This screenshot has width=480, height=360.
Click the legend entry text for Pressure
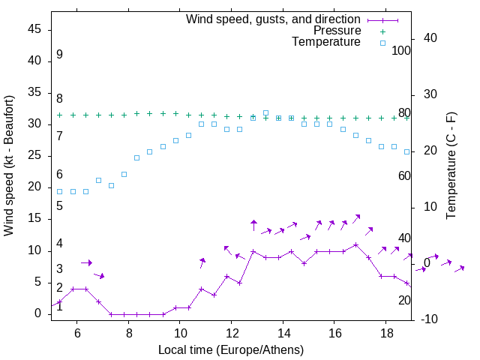point(337,31)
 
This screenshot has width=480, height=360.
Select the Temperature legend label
point(326,42)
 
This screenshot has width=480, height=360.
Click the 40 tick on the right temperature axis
point(430,38)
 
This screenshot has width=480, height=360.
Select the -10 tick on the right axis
point(429,319)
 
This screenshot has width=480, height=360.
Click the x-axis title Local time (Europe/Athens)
point(231,349)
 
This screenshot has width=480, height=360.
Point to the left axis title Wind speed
point(9,165)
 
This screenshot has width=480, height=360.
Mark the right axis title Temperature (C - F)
point(451,165)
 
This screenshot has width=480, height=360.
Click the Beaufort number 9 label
point(59,55)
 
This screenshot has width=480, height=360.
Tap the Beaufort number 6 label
point(59,175)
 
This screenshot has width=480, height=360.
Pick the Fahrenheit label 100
point(401,50)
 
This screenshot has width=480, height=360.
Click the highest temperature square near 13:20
point(265,113)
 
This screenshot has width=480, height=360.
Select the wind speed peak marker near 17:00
point(355,244)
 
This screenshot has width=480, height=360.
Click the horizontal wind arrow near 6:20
point(86,262)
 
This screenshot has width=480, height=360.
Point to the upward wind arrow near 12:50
point(253,226)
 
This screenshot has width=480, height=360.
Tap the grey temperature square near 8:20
point(136,157)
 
